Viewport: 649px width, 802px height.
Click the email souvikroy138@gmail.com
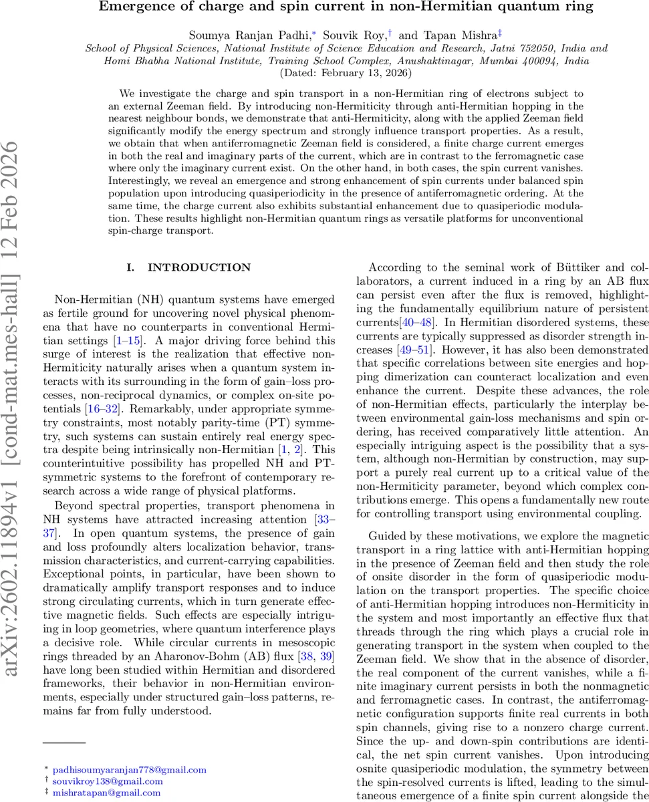click(x=108, y=781)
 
